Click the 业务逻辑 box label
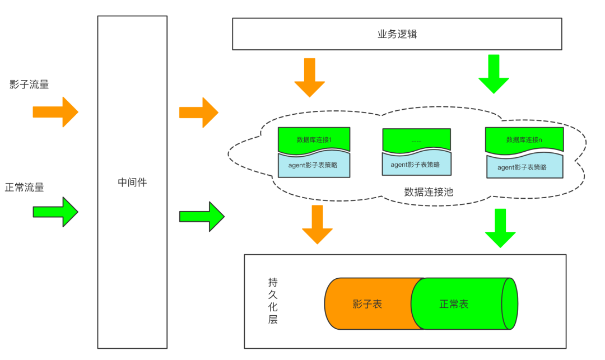(397, 34)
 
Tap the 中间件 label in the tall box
(132, 183)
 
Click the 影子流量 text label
(29, 85)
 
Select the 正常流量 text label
(25, 188)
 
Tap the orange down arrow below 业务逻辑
(310, 77)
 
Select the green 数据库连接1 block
(314, 139)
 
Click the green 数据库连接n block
(524, 140)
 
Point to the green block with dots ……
(416, 140)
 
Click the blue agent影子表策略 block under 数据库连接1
(314, 165)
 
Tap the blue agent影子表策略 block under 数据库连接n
(524, 167)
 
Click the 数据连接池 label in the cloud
(429, 192)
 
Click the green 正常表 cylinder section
(455, 304)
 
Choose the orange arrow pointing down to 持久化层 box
(317, 224)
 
